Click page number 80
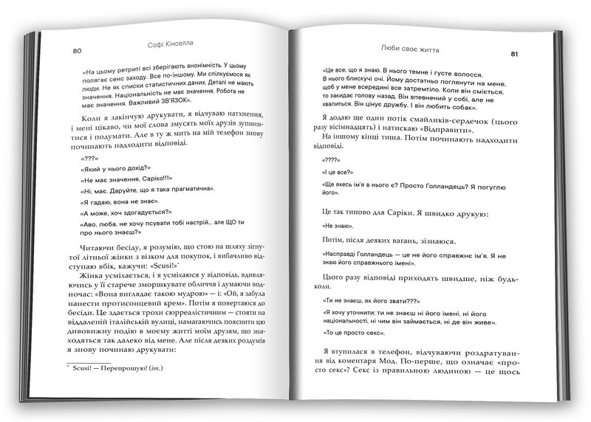pos(77,51)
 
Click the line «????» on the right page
pos(332,159)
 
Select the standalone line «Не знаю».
pos(340,225)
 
